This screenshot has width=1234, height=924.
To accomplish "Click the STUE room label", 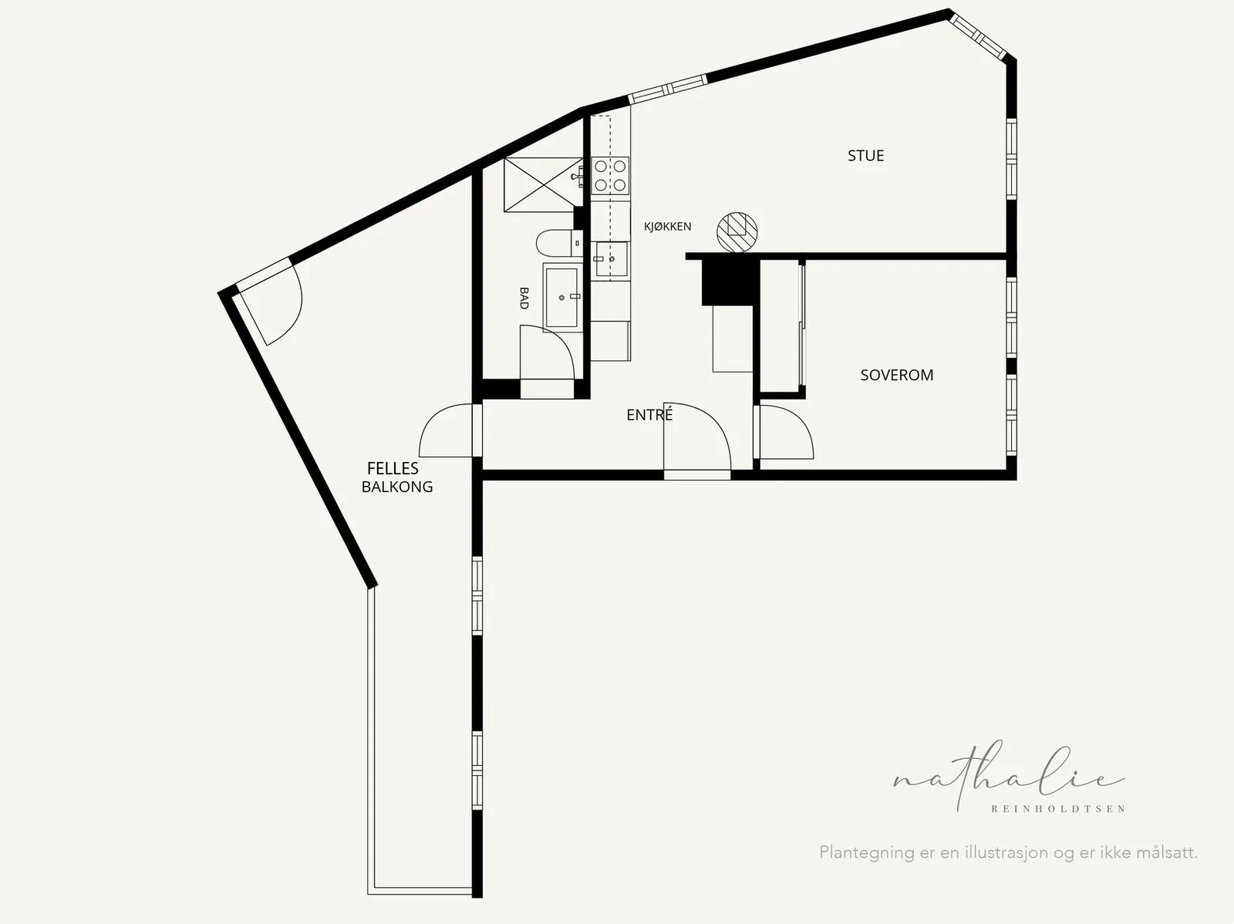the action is [866, 156].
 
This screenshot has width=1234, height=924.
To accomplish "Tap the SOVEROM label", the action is [897, 375].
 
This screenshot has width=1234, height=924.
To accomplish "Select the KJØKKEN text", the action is [667, 227].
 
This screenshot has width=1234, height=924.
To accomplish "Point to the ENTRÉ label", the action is [649, 415].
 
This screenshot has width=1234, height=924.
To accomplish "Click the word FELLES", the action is [393, 468].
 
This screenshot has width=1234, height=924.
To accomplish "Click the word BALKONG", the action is [397, 487].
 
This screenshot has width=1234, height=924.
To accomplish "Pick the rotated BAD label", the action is [524, 298].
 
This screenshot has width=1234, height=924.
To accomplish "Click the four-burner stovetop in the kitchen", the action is [610, 176].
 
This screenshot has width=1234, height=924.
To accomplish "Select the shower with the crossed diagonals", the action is [542, 185].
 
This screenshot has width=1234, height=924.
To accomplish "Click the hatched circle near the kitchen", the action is [737, 232].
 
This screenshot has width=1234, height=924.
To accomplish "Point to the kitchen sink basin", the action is [612, 259].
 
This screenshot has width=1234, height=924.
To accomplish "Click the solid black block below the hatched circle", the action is [727, 283].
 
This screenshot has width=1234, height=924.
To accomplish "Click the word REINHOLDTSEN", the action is [1058, 809].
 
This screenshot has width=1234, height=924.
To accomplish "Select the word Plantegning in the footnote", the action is [867, 852].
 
